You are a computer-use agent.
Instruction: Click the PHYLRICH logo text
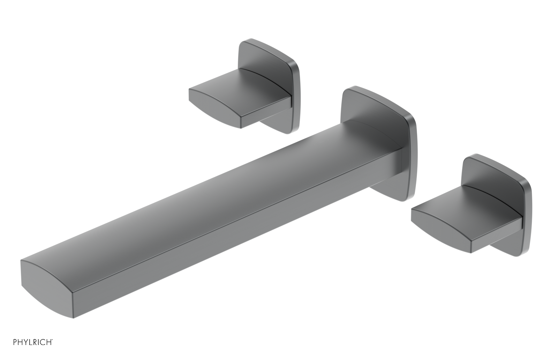point(33,342)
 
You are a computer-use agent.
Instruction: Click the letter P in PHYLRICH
point(15,342)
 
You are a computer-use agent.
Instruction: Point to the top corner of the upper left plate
point(248,40)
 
